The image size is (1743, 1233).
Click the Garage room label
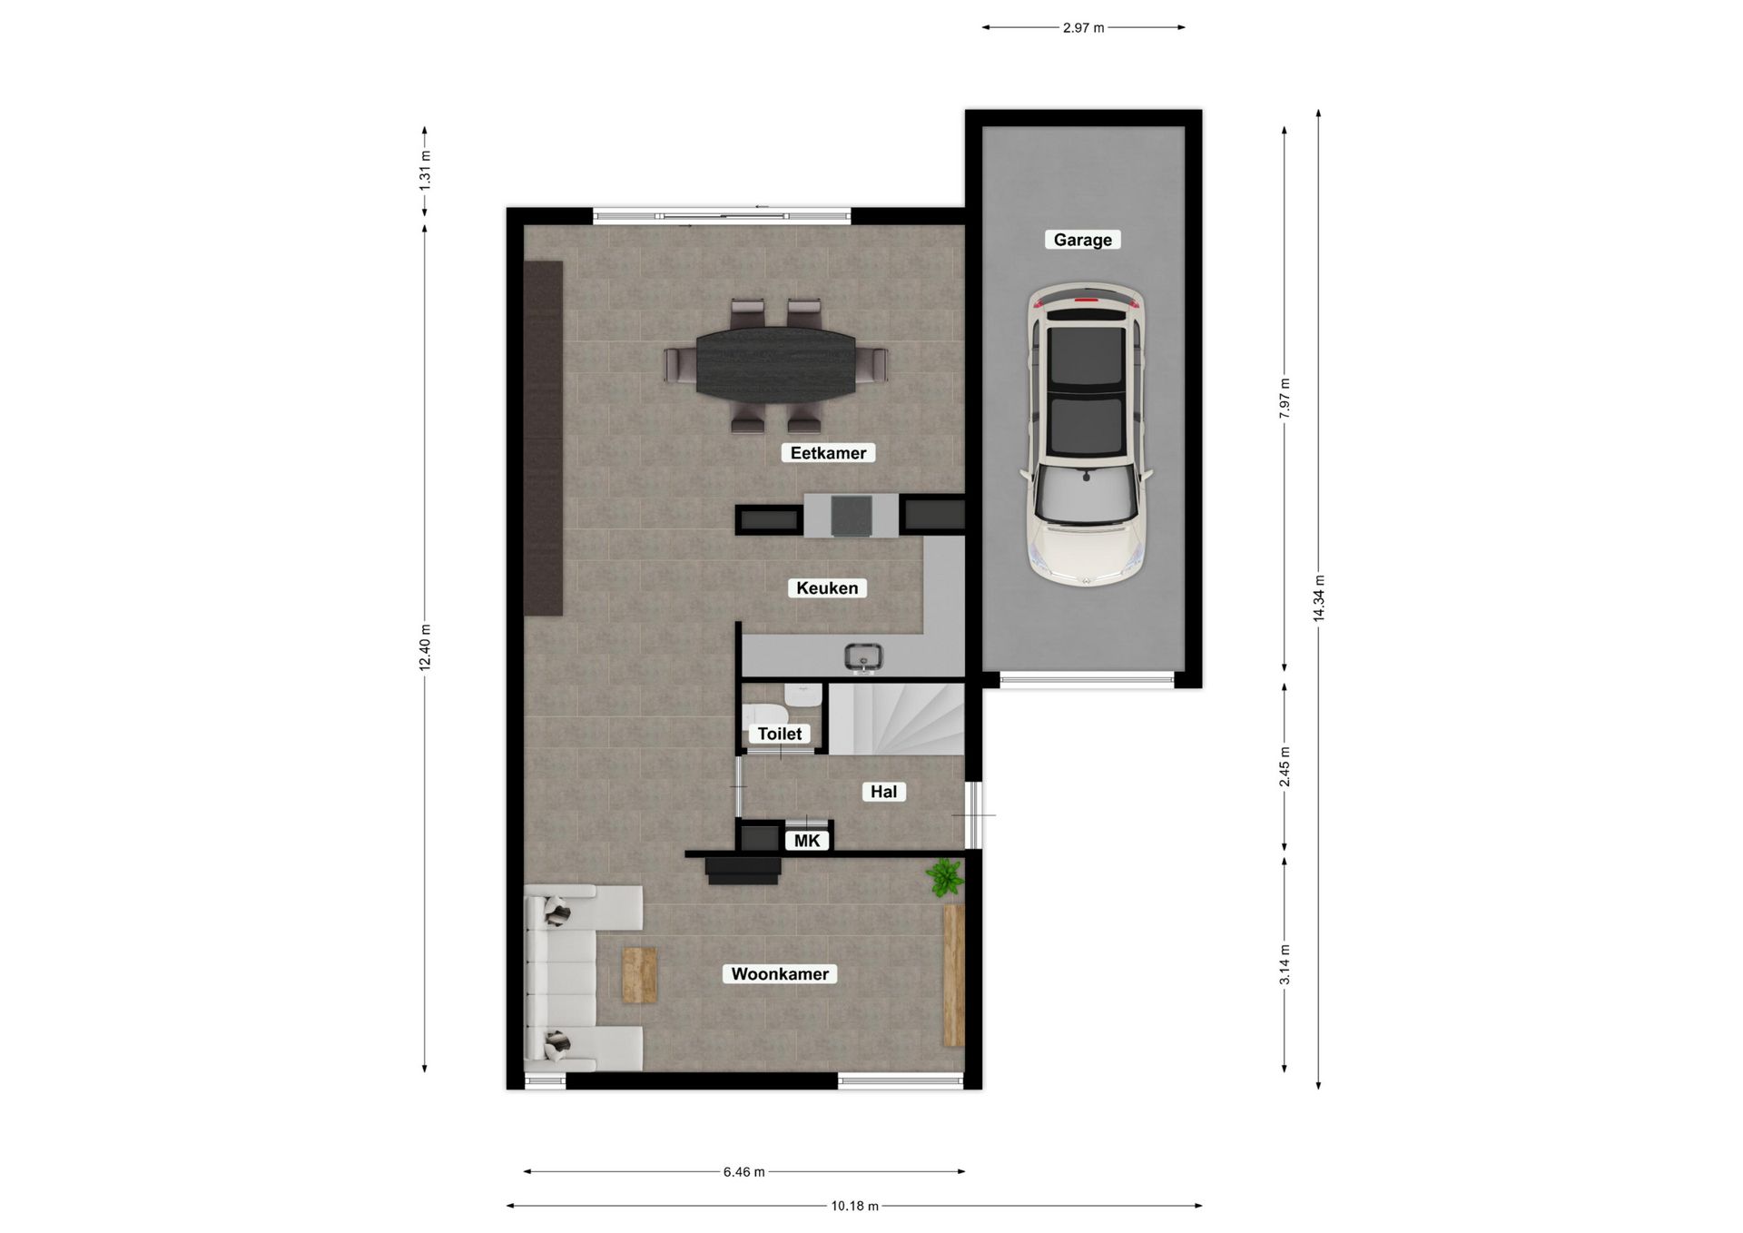(x=1082, y=240)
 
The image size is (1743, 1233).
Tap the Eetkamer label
(x=828, y=453)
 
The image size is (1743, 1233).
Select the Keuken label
(x=826, y=588)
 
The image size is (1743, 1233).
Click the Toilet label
(x=780, y=734)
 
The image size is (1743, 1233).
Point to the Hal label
(x=883, y=792)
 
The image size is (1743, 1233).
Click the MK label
(x=806, y=841)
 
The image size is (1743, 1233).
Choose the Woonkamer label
(x=780, y=974)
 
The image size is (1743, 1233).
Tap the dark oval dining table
(x=775, y=362)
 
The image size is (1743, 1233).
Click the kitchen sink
(x=863, y=656)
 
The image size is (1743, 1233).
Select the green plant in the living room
(x=944, y=878)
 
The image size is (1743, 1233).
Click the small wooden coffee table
(x=639, y=975)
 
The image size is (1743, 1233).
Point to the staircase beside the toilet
(x=897, y=719)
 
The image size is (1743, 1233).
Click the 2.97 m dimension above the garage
(x=1083, y=28)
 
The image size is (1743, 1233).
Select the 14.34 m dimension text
(x=1319, y=598)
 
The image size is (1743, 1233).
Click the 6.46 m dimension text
(x=743, y=1172)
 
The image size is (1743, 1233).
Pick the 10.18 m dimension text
(x=854, y=1207)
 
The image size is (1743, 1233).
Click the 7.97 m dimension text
(x=1285, y=398)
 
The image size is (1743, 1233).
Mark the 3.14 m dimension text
(x=1285, y=964)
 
